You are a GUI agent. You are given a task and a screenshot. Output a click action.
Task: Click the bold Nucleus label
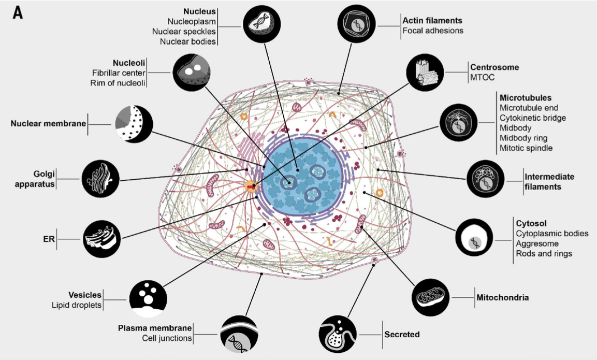(199, 11)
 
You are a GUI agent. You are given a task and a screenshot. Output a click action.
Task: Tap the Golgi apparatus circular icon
(100, 179)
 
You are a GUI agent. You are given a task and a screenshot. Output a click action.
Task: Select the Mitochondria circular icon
(431, 297)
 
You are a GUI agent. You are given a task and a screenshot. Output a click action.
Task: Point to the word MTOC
(483, 77)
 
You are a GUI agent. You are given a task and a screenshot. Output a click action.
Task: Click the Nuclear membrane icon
(134, 124)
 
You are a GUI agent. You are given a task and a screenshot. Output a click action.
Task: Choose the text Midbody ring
(523, 138)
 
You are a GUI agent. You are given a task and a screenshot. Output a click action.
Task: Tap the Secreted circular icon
(338, 334)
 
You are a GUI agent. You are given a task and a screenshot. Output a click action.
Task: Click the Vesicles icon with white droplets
(148, 299)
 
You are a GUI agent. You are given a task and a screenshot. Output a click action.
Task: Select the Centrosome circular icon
(425, 73)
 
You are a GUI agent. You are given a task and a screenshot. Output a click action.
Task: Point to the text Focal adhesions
(433, 31)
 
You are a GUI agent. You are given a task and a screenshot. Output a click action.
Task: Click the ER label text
(49, 239)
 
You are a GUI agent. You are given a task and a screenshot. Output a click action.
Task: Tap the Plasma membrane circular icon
(240, 334)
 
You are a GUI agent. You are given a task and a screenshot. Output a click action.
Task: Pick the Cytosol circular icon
(474, 237)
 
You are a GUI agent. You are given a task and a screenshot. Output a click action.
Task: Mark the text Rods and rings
(544, 253)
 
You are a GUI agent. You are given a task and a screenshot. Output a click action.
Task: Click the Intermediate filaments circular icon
(486, 179)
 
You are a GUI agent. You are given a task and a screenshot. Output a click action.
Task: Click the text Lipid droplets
(77, 305)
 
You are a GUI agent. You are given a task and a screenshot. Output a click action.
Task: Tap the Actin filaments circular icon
(356, 24)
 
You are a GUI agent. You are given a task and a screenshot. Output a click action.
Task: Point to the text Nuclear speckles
(184, 31)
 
